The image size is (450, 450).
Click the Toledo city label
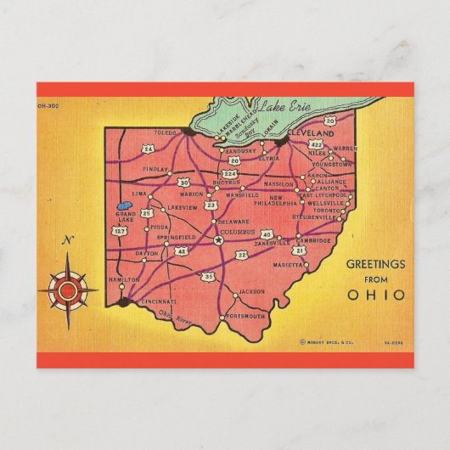(166, 132)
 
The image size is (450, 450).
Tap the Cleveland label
(310, 133)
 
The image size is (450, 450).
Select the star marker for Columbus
(219, 240)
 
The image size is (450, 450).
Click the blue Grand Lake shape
(122, 206)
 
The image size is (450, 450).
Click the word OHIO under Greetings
(376, 295)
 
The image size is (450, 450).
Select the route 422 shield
(317, 146)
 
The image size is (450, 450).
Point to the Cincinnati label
(159, 301)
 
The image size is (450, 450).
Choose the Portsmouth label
(246, 316)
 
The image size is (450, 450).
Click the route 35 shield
(209, 276)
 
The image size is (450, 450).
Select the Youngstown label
(331, 164)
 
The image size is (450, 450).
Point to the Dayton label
(146, 254)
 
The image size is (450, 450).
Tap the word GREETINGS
(375, 265)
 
